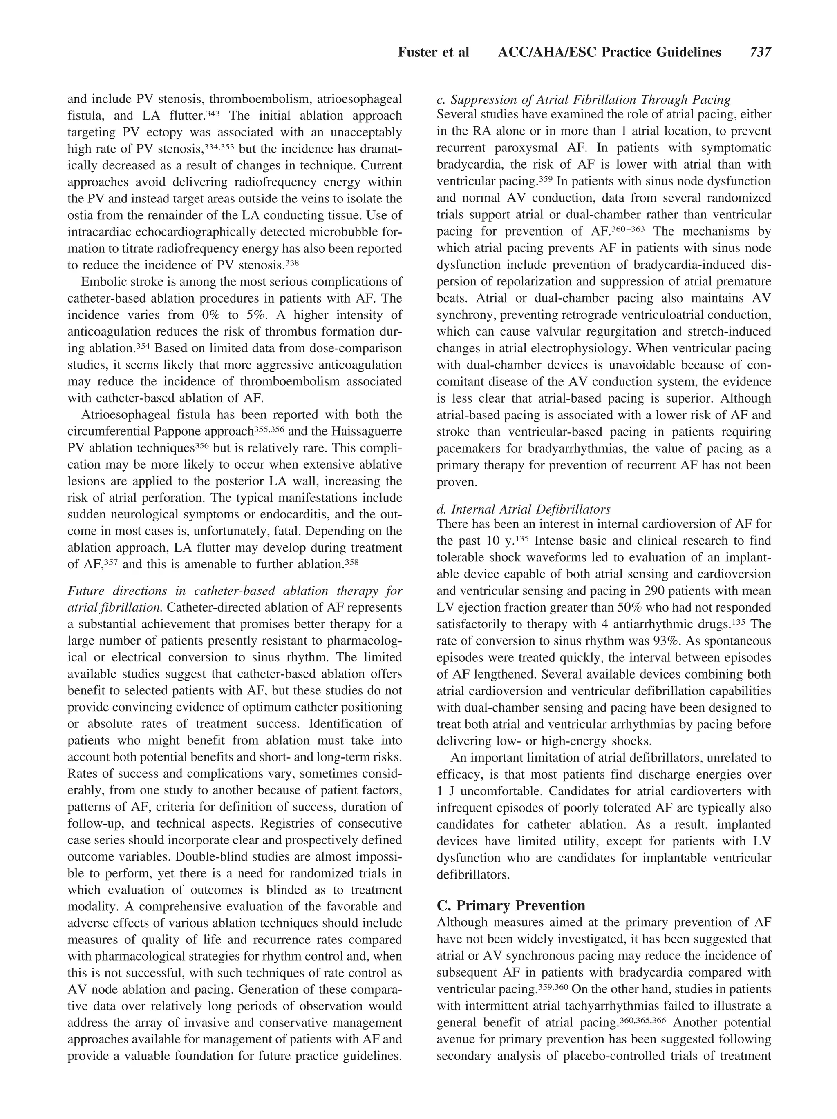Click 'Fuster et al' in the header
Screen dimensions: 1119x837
[434, 52]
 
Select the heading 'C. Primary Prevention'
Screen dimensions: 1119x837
[510, 905]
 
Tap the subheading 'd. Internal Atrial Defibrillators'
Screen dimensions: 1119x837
[523, 509]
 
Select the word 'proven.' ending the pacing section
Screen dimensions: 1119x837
[457, 482]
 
